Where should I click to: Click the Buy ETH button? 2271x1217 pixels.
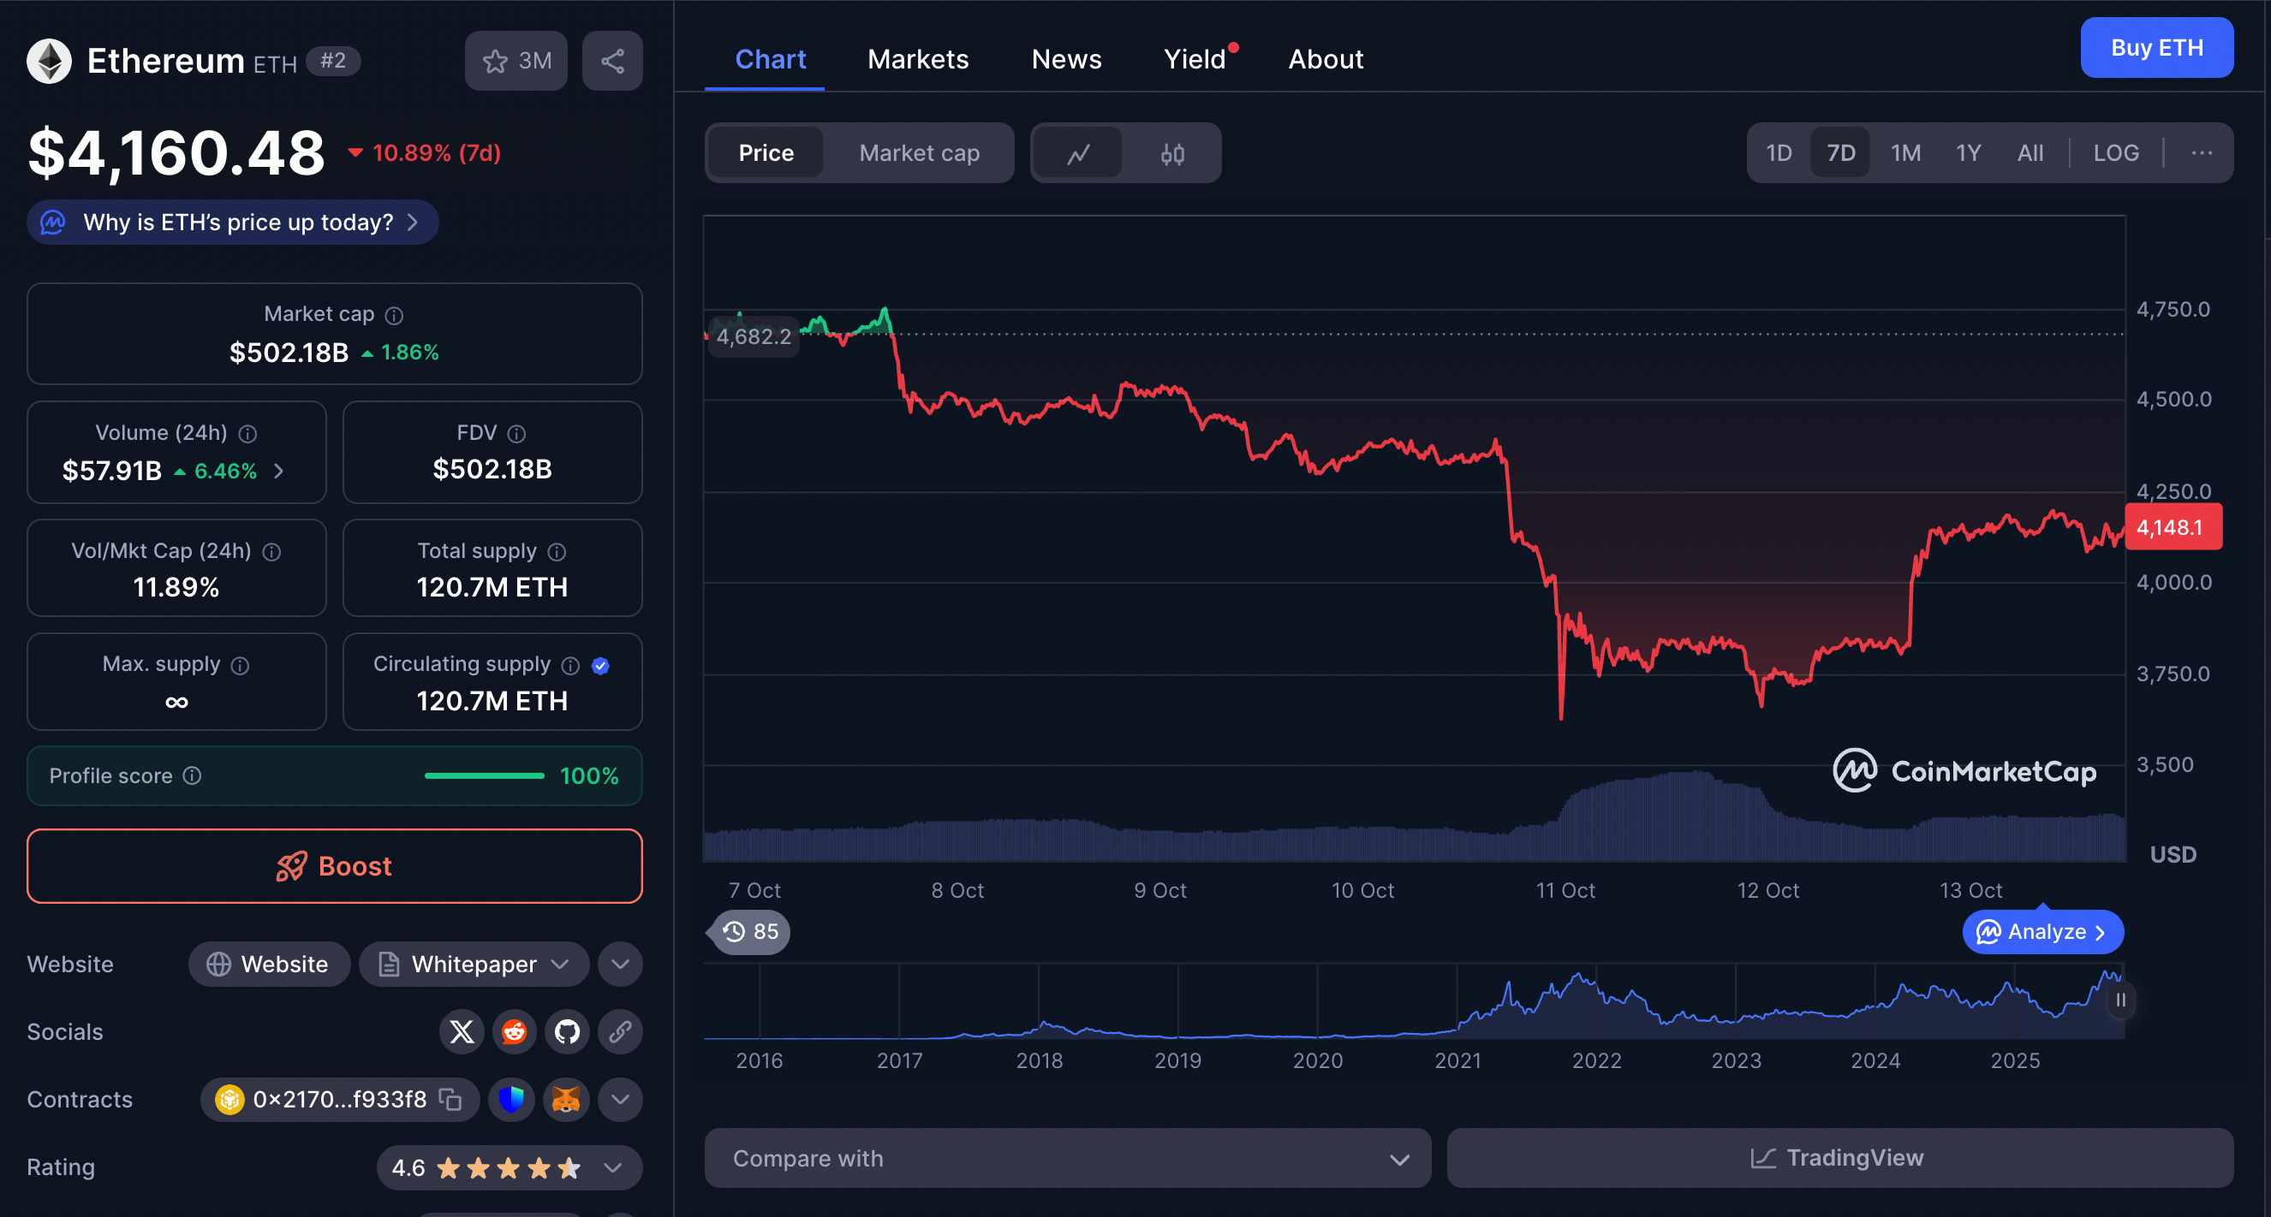(x=2155, y=48)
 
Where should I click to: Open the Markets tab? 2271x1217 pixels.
(x=918, y=59)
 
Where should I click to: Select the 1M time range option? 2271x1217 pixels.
(x=1905, y=153)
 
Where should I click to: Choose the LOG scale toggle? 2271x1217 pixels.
(x=2115, y=153)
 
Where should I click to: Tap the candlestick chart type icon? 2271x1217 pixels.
(x=1171, y=154)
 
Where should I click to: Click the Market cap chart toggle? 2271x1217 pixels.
(x=919, y=153)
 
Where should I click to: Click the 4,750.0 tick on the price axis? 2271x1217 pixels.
(x=2173, y=309)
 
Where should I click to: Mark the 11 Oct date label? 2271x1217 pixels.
(x=1565, y=890)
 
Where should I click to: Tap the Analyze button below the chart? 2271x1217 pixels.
(x=2042, y=931)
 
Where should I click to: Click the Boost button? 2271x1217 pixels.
(x=334, y=865)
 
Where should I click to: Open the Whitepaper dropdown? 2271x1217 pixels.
(x=474, y=964)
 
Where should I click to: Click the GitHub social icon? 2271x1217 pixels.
(x=567, y=1031)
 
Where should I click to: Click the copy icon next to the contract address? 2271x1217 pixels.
(x=450, y=1099)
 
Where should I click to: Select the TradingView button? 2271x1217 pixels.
(x=1839, y=1157)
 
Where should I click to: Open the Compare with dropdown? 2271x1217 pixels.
(x=1067, y=1158)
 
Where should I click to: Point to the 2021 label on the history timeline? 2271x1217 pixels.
(x=1457, y=1060)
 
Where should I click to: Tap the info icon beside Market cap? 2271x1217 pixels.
(x=394, y=315)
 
